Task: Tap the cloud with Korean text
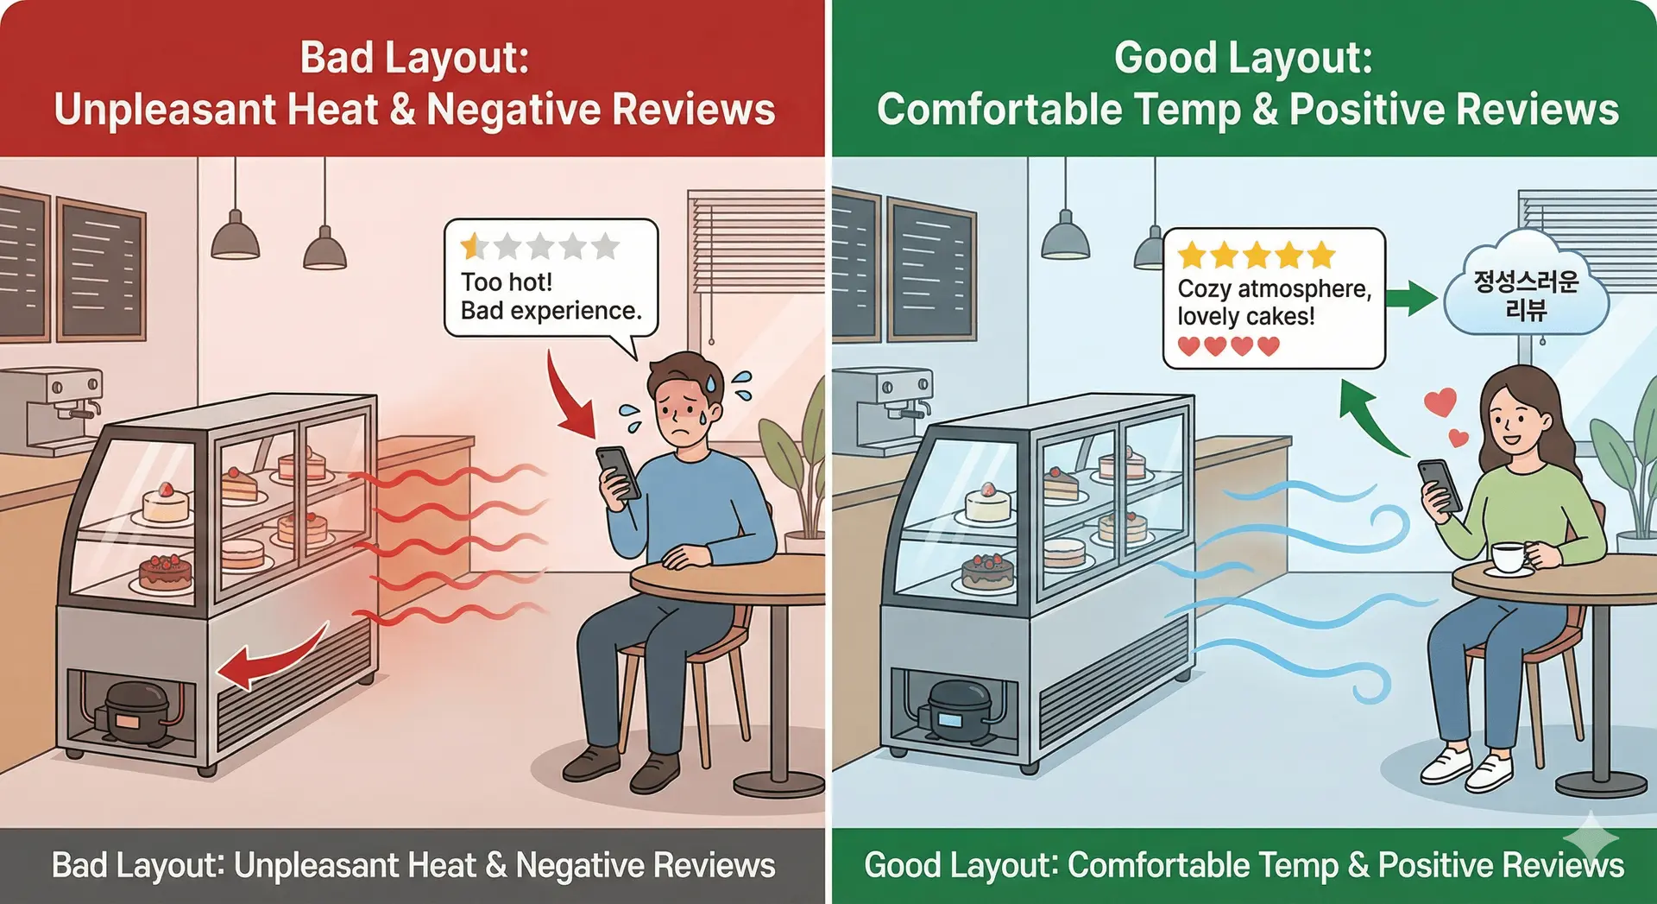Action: [1526, 294]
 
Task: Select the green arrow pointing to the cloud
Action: [1410, 298]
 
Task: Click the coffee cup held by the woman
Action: [1508, 556]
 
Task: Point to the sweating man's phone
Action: [618, 471]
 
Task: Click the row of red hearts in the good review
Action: [1229, 346]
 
